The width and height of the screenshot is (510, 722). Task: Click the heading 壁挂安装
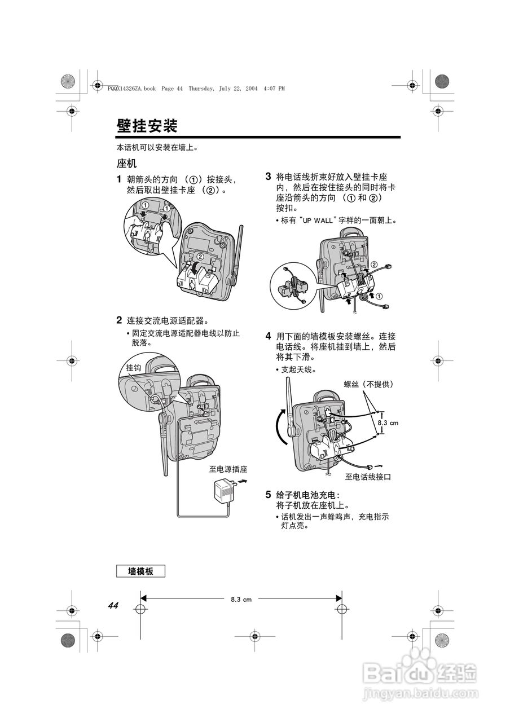pyautogui.click(x=147, y=125)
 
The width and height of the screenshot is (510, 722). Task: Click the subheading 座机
pyautogui.click(x=126, y=164)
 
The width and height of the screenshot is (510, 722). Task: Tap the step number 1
pyautogui.click(x=119, y=179)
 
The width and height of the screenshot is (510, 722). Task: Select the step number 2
pyautogui.click(x=119, y=320)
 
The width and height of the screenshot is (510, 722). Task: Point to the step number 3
pyautogui.click(x=269, y=176)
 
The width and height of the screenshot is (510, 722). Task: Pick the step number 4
pyautogui.click(x=269, y=336)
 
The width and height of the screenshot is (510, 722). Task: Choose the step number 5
pyautogui.click(x=269, y=495)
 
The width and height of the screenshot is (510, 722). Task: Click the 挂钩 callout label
pyautogui.click(x=134, y=367)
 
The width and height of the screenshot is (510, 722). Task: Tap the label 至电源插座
pyautogui.click(x=228, y=469)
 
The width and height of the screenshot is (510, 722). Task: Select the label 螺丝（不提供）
pyautogui.click(x=368, y=384)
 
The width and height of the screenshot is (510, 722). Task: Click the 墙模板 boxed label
pyautogui.click(x=140, y=571)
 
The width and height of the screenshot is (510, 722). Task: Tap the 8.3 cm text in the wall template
pyautogui.click(x=241, y=599)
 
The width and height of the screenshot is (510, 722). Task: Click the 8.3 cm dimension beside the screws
pyautogui.click(x=388, y=422)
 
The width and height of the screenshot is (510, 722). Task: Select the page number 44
pyautogui.click(x=113, y=606)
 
